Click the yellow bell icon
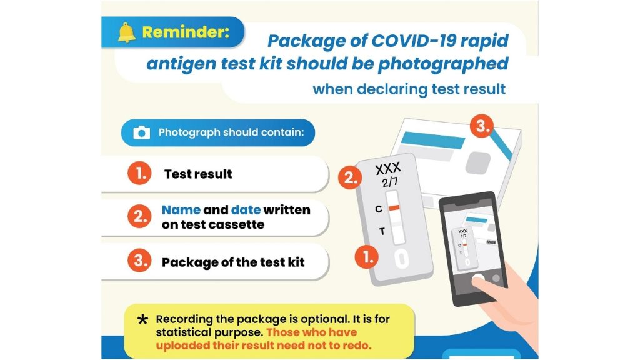(127, 32)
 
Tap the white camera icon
(142, 132)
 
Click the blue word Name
(181, 210)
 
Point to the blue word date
(246, 210)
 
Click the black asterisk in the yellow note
(142, 320)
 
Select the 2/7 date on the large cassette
(390, 182)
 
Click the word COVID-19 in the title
(412, 41)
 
